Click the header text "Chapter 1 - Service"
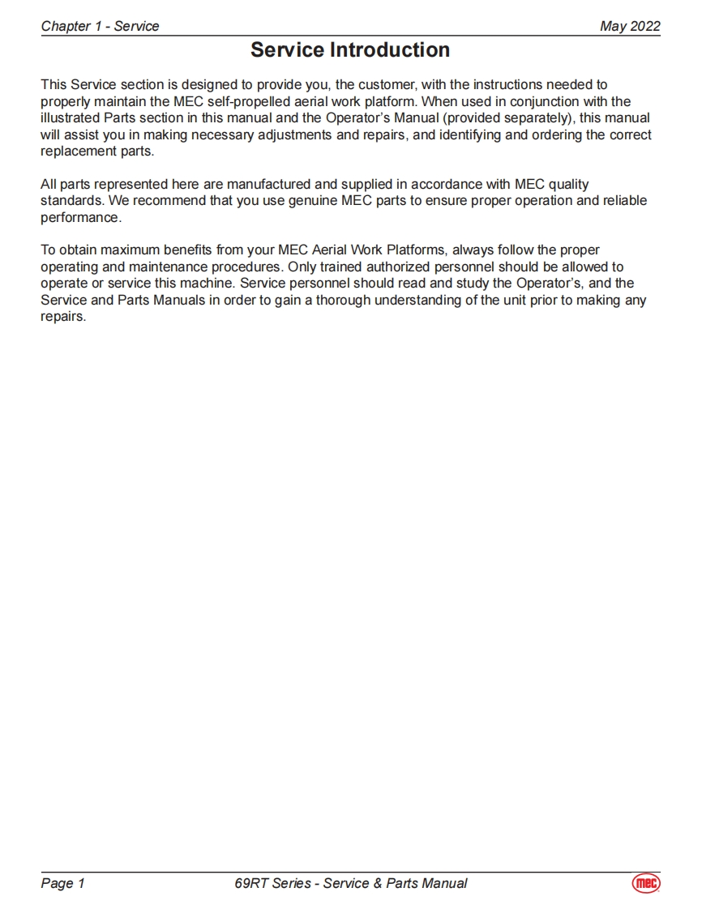point(100,26)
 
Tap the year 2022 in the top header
point(644,26)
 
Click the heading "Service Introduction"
point(350,50)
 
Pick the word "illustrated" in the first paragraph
point(69,118)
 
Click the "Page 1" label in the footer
point(62,883)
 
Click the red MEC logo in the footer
point(646,883)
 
